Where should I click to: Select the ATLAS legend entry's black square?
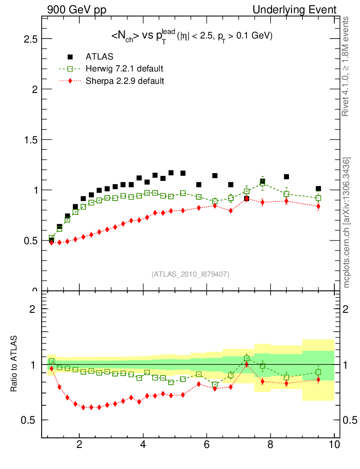coord(70,57)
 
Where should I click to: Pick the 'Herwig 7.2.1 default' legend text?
coord(124,69)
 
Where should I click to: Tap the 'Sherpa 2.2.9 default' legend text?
coord(125,81)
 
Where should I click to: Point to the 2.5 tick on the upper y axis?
coord(30,39)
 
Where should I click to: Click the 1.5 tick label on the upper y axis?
coord(30,140)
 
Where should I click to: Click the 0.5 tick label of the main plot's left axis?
coord(30,240)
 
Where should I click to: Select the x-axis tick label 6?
coord(207,444)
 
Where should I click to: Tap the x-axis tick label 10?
coord(334,444)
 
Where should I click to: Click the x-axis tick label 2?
coord(80,444)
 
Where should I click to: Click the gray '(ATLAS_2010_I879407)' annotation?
coord(191,274)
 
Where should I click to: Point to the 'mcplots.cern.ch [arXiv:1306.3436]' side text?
coord(347,223)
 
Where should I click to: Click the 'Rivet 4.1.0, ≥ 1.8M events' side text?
coord(347,66)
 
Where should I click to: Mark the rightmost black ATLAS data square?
coord(318,189)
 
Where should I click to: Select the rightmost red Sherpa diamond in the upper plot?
coord(318,206)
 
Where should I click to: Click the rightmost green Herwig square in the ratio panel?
coord(318,372)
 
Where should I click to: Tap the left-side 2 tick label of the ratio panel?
coord(33,309)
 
